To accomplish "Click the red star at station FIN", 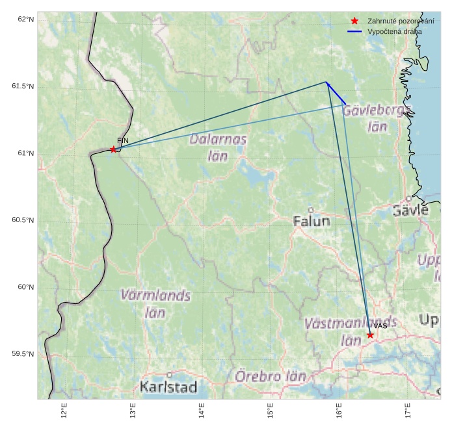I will point(113,150).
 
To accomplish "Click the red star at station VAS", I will point(370,335).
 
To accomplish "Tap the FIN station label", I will point(123,140).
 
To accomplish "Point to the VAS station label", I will point(380,325).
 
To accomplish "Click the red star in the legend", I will point(354,21).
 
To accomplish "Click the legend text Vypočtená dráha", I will point(394,31).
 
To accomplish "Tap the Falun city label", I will point(312,221).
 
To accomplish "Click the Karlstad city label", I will point(168,388).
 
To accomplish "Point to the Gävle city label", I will point(410,210).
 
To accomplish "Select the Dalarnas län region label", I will point(219,147).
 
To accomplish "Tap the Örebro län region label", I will point(270,377).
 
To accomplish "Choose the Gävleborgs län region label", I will point(377,118).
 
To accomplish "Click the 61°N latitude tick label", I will point(23,153).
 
